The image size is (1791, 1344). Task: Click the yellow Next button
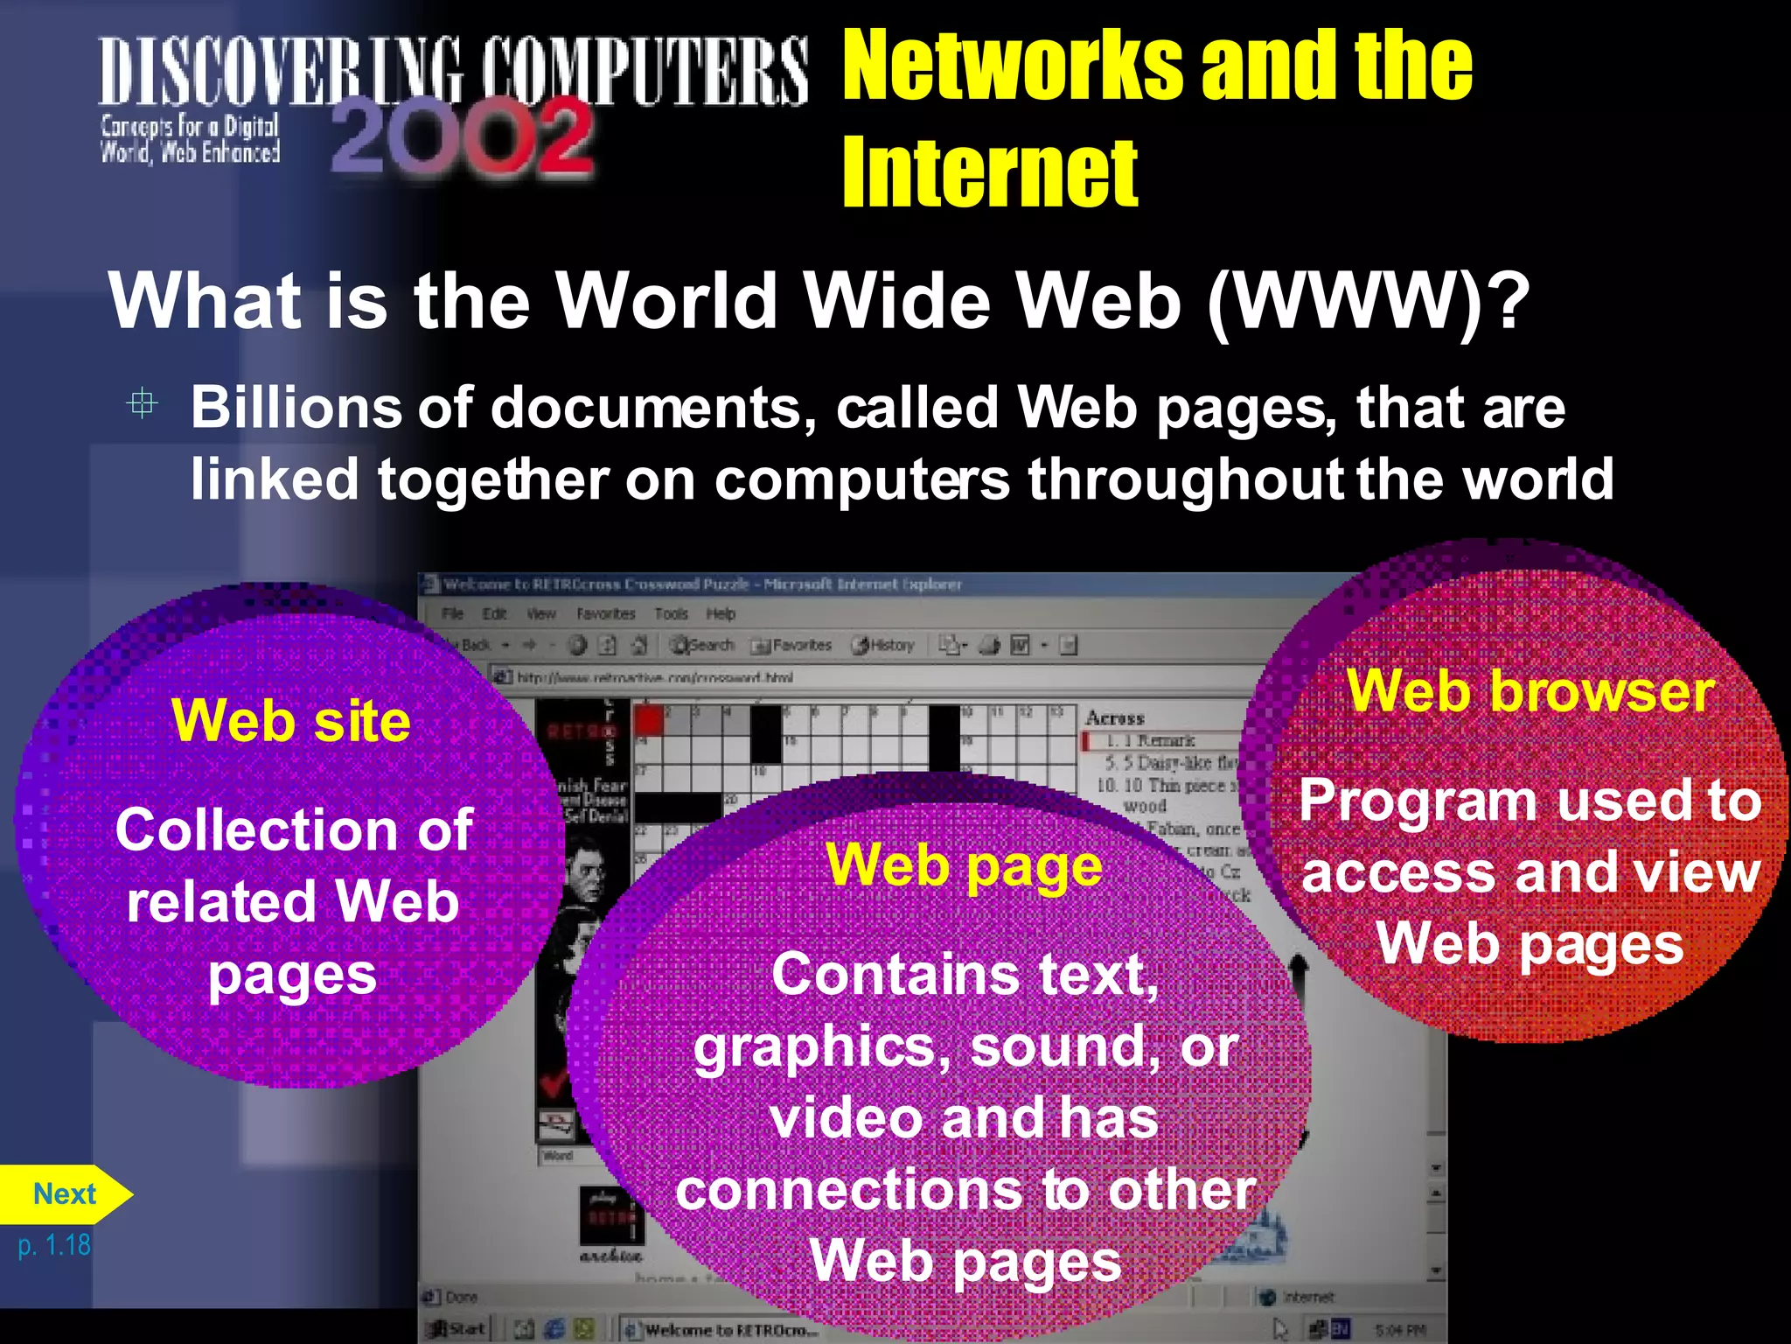64,1193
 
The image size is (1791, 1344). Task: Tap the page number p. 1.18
54,1244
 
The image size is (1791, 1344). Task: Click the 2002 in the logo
462,137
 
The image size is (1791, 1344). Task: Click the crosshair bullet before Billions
142,403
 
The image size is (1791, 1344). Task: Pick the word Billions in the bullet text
295,408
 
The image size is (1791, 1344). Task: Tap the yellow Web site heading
291,721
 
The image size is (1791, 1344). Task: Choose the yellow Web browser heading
1530,691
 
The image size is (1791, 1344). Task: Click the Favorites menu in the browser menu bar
605,614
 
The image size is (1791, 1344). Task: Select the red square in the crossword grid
648,720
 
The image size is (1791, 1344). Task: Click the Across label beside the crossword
1115,718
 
